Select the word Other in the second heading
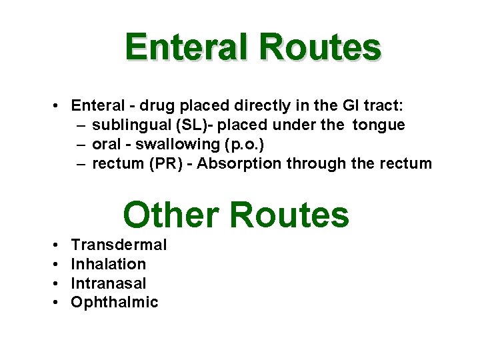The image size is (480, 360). click(171, 215)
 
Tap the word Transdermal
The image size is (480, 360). click(119, 245)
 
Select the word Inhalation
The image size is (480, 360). click(108, 264)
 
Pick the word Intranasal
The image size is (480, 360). click(109, 283)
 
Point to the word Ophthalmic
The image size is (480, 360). click(115, 303)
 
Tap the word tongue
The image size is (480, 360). click(379, 125)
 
